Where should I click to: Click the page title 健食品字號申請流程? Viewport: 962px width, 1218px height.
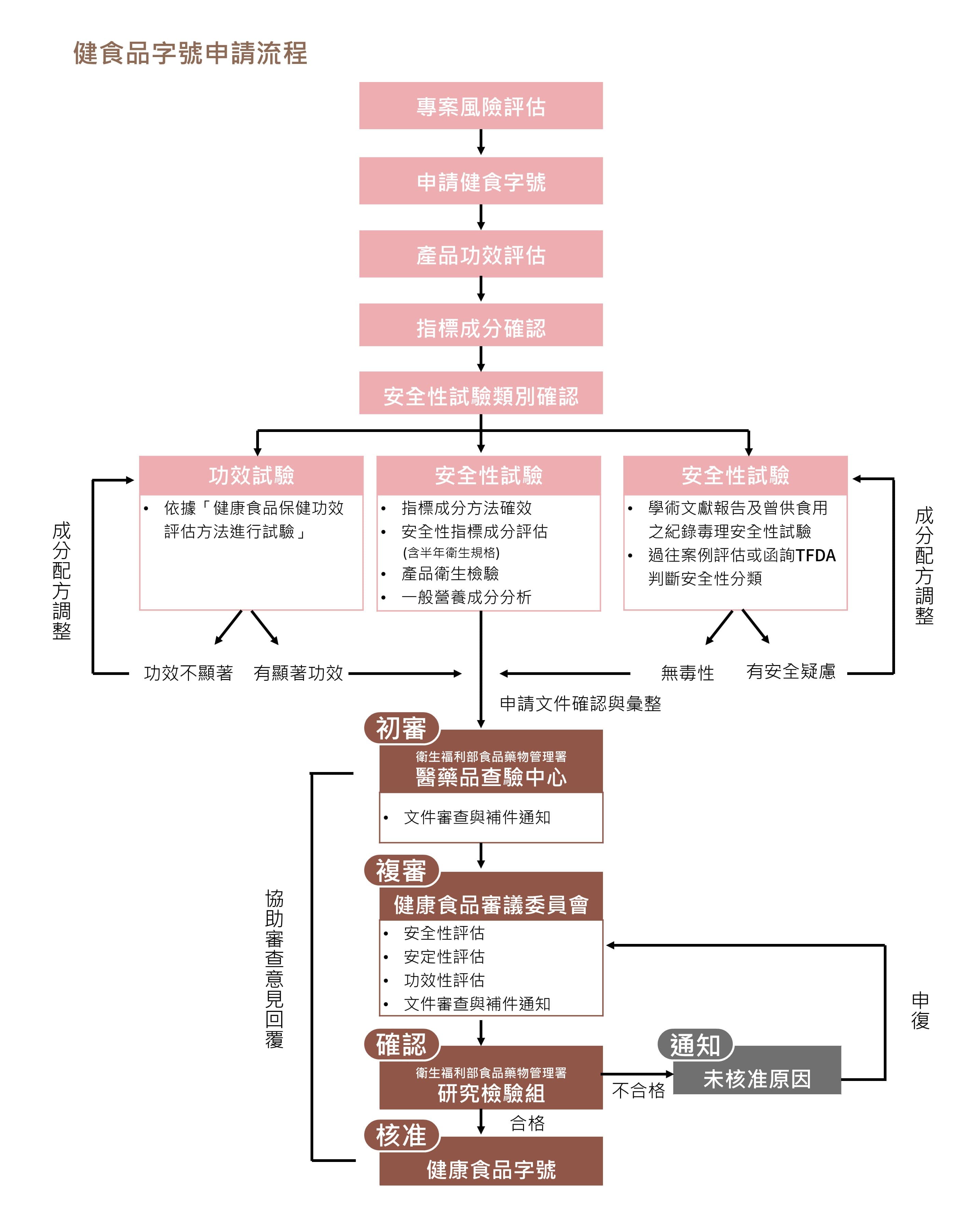(x=190, y=54)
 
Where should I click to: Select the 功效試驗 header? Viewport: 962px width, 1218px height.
(x=251, y=475)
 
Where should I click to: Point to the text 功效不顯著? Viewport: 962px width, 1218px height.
(x=188, y=673)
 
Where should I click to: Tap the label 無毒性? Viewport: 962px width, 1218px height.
(x=687, y=673)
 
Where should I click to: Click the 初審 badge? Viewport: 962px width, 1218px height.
(x=401, y=728)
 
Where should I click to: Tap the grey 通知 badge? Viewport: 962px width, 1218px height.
(x=695, y=1045)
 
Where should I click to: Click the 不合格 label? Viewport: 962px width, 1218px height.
(x=638, y=1091)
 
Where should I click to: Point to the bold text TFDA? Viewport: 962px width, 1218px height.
(x=815, y=555)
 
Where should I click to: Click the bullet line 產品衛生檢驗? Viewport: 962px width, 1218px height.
(x=450, y=573)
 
